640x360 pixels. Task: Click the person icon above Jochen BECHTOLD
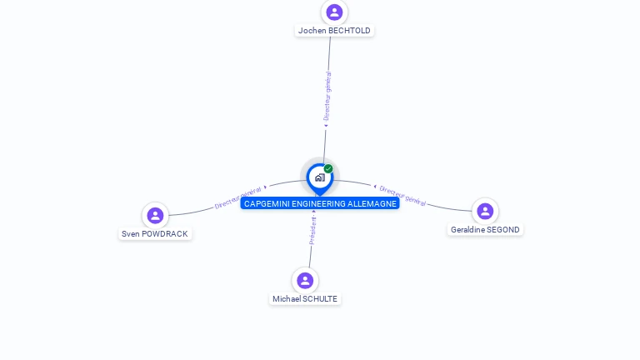coord(334,12)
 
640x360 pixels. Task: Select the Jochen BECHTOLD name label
coord(334,31)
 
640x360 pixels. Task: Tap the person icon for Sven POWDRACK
coord(155,215)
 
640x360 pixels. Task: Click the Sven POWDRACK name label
coord(155,234)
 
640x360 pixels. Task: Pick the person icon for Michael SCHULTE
coord(305,280)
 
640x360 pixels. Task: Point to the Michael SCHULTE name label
coord(305,299)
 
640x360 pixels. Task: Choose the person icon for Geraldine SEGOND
coord(485,211)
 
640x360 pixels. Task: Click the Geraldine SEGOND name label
coord(485,230)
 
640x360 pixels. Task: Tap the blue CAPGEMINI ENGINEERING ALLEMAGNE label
coord(320,204)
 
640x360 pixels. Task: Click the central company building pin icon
coord(319,177)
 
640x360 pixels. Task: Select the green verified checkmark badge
coord(328,169)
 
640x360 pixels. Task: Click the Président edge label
coord(312,231)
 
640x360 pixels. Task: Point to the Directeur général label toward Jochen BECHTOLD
coord(327,97)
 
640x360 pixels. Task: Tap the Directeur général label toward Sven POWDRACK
coord(238,197)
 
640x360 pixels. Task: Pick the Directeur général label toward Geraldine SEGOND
coord(402,197)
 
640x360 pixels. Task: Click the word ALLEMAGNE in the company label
coord(372,204)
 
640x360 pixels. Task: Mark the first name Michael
coord(287,299)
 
